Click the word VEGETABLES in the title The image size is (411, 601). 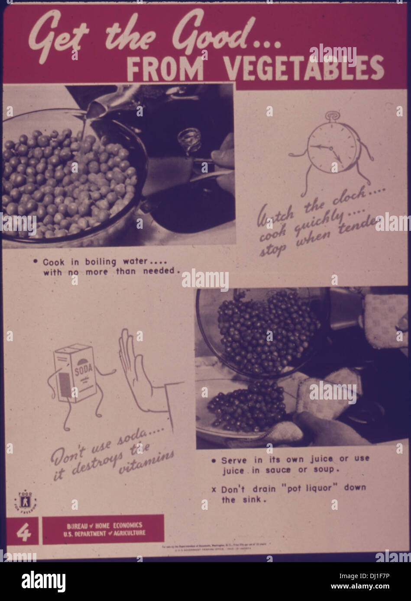coord(305,68)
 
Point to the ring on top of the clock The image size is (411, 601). coord(333,116)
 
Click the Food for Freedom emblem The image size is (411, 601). coord(26,501)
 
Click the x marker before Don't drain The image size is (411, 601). coord(214,490)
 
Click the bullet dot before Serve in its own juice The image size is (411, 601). coord(214,461)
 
